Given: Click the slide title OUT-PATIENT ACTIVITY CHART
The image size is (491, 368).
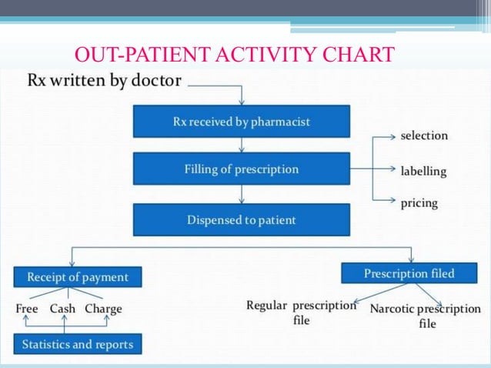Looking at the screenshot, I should pyautogui.click(x=235, y=55).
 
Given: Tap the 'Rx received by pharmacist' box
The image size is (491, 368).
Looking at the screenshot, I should pyautogui.click(x=242, y=122).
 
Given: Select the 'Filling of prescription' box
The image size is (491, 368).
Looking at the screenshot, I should pyautogui.click(x=242, y=169).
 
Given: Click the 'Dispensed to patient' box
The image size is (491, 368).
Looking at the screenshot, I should pyautogui.click(x=242, y=220).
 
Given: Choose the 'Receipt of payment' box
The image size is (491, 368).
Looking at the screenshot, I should pyautogui.click(x=78, y=276).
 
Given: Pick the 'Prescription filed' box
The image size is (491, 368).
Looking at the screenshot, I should pyautogui.click(x=409, y=273).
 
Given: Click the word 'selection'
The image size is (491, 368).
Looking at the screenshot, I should pyautogui.click(x=424, y=135).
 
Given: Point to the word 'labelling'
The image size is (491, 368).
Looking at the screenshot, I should pyautogui.click(x=423, y=171).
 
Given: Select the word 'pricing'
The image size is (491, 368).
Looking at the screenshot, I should pyautogui.click(x=419, y=203).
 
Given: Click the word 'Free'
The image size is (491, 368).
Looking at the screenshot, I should pyautogui.click(x=27, y=309).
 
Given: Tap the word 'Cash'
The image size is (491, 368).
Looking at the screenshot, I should pyautogui.click(x=63, y=309).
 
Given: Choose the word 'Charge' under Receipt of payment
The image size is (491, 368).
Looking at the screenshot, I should pyautogui.click(x=103, y=309).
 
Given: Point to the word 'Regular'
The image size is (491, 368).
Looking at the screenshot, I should pyautogui.click(x=267, y=306).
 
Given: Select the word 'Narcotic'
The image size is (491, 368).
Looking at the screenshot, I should pyautogui.click(x=392, y=309).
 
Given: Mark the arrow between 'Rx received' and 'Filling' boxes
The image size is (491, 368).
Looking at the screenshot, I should pyautogui.click(x=242, y=145).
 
